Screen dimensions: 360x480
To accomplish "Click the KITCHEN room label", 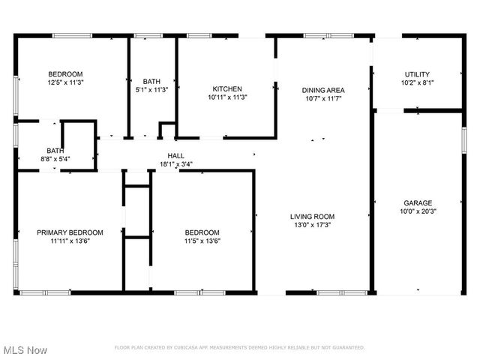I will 226,88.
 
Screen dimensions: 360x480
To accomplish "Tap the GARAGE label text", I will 417,202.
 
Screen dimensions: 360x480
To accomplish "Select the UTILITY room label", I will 417,74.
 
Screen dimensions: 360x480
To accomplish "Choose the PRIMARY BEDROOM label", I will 70,232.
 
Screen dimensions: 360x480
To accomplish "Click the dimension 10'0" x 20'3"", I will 417,211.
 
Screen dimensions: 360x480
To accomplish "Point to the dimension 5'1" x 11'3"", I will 151,90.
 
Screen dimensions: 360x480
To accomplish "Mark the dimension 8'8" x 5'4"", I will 55,159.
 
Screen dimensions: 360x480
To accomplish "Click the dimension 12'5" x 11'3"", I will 65,82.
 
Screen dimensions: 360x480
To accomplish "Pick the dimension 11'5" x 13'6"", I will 202,241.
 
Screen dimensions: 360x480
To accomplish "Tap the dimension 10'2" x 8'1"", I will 417,83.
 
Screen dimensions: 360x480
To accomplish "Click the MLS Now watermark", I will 25,350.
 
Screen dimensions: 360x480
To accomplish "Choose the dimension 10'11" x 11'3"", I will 226,97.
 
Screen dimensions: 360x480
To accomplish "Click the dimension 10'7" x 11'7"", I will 323,98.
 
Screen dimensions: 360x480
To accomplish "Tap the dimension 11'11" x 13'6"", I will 70,241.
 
